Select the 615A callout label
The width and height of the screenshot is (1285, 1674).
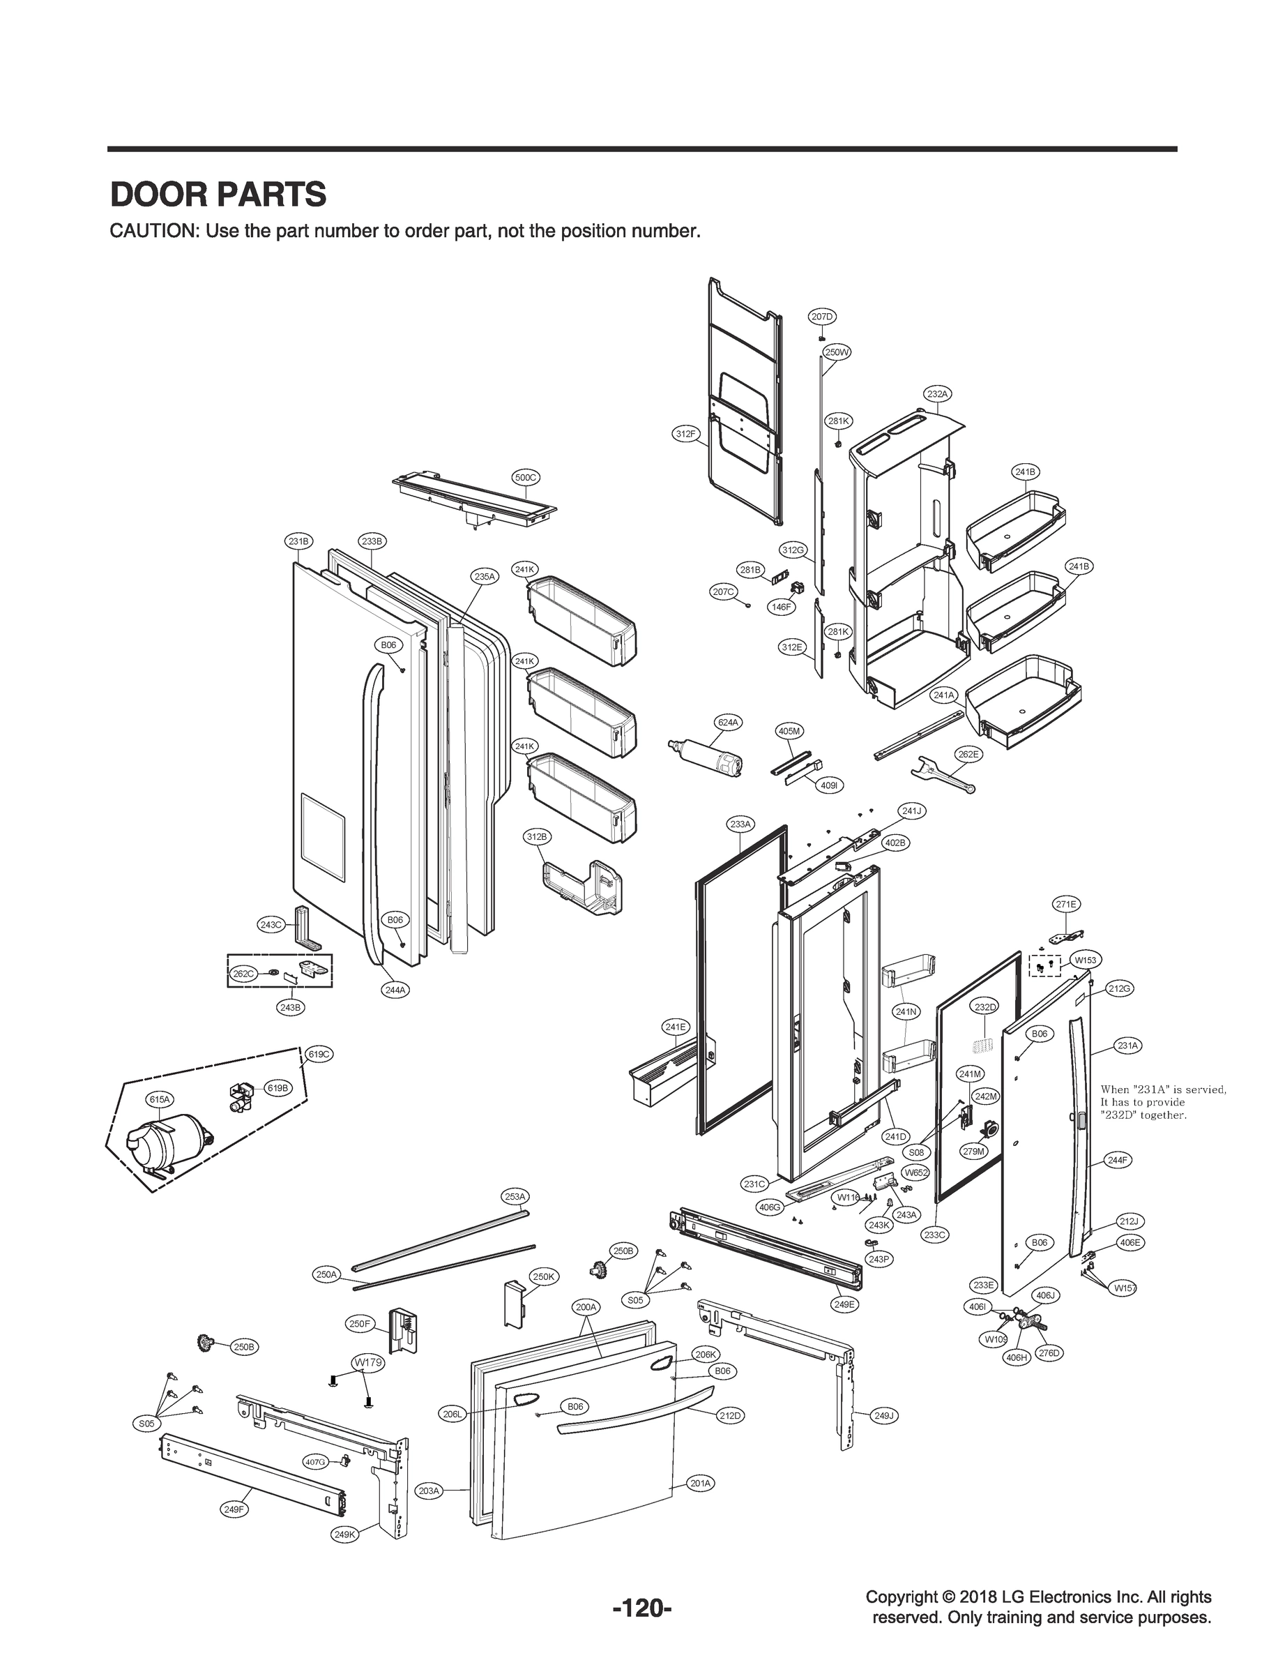coord(160,1099)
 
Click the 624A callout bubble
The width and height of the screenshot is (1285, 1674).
coord(728,721)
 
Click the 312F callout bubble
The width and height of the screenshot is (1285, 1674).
coord(686,434)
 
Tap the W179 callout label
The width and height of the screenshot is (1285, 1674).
coord(367,1363)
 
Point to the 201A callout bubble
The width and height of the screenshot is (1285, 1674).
coord(701,1483)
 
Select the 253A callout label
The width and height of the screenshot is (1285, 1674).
coord(515,1196)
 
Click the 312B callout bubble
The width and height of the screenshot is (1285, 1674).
coord(537,837)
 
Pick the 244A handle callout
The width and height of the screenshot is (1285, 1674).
coord(395,989)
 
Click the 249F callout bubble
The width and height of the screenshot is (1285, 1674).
coord(234,1509)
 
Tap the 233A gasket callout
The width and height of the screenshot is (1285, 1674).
coord(740,824)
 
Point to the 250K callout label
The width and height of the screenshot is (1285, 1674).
coord(545,1277)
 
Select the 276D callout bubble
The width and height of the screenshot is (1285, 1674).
coord(1049,1352)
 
